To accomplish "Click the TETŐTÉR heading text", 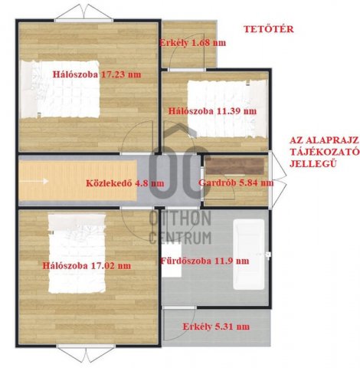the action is [x=269, y=29].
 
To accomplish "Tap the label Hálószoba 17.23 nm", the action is [x=97, y=74].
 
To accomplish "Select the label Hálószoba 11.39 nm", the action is [x=212, y=111].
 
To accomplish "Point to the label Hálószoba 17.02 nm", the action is [x=87, y=266].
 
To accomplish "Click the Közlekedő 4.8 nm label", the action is [x=125, y=183].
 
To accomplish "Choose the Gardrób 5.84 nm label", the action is [x=236, y=182].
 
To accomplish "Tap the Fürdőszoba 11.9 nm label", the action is [x=205, y=261].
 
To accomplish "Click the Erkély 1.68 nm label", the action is [x=193, y=43].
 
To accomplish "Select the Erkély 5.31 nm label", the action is [x=216, y=327].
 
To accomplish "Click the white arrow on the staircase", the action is [x=34, y=181].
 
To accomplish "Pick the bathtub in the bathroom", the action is [x=249, y=255].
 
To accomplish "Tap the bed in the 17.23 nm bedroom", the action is [x=61, y=89].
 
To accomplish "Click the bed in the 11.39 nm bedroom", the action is [x=227, y=109].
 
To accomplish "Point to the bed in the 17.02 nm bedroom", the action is [x=77, y=253].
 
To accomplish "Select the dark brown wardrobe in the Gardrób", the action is [x=235, y=166].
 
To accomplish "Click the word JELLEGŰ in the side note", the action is [x=309, y=163].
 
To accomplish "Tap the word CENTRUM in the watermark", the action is [x=180, y=238].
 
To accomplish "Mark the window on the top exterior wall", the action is [x=84, y=21].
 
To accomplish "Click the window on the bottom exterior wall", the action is [x=85, y=346].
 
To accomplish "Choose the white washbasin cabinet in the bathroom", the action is [x=172, y=260].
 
